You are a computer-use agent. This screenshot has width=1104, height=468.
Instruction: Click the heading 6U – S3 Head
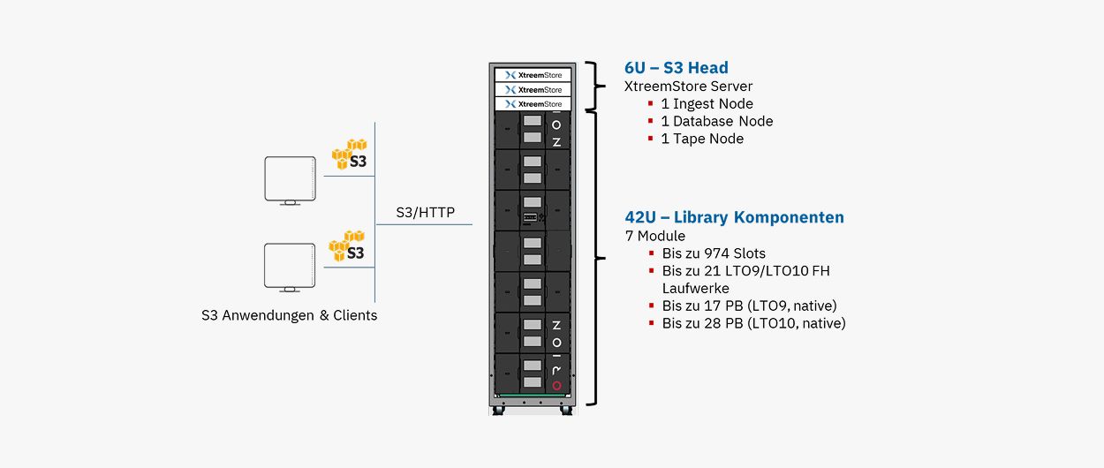click(x=676, y=68)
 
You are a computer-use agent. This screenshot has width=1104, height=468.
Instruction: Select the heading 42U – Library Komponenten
click(x=734, y=217)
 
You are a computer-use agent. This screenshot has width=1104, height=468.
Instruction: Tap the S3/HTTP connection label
click(x=426, y=212)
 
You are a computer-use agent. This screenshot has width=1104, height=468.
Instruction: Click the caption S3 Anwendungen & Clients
click(x=289, y=315)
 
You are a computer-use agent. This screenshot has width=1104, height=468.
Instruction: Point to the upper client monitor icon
click(x=289, y=180)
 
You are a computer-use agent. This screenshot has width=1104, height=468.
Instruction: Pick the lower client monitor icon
click(x=289, y=267)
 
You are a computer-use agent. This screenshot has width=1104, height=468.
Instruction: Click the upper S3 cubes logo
click(x=350, y=154)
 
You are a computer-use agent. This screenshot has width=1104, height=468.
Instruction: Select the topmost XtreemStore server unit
click(x=533, y=75)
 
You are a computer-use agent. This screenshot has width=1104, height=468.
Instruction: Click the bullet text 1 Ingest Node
click(x=707, y=103)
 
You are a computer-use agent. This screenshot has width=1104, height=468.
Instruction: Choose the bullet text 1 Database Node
click(x=716, y=121)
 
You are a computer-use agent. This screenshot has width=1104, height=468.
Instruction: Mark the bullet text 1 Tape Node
click(x=702, y=139)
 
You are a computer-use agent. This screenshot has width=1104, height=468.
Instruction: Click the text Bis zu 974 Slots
click(x=714, y=253)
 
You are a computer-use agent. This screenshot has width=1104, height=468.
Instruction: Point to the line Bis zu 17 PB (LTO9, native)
click(x=749, y=306)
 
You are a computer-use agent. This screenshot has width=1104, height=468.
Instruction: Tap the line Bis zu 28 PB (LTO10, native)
click(x=753, y=323)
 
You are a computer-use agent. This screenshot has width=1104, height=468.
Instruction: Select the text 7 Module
click(x=654, y=236)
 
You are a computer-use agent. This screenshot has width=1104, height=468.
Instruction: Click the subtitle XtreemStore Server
click(x=688, y=87)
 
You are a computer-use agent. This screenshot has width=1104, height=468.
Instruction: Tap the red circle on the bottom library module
click(x=556, y=385)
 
